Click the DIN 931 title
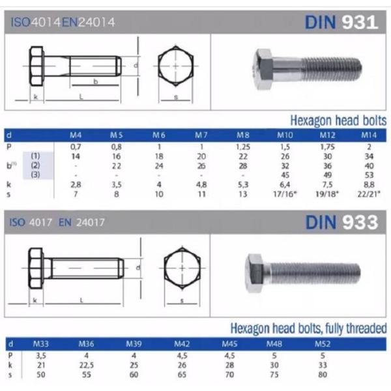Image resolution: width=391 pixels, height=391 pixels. tap(341, 22)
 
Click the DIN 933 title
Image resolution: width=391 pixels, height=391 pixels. tap(341, 222)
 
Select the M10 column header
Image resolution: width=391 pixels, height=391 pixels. tap(285, 136)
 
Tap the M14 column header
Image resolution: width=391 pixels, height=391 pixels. tap(369, 136)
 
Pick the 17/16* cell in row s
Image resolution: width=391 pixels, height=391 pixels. tap(285, 194)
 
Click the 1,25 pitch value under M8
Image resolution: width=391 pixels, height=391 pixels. tap(243, 147)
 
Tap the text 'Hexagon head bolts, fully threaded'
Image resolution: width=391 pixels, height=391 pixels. tap(308, 328)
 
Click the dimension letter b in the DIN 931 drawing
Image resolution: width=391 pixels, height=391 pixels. tap(96, 82)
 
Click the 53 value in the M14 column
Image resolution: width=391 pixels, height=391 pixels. tap(369, 175)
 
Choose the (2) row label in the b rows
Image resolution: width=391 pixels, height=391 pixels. tap(36, 166)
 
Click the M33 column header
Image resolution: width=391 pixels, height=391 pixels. tap(40, 343)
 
